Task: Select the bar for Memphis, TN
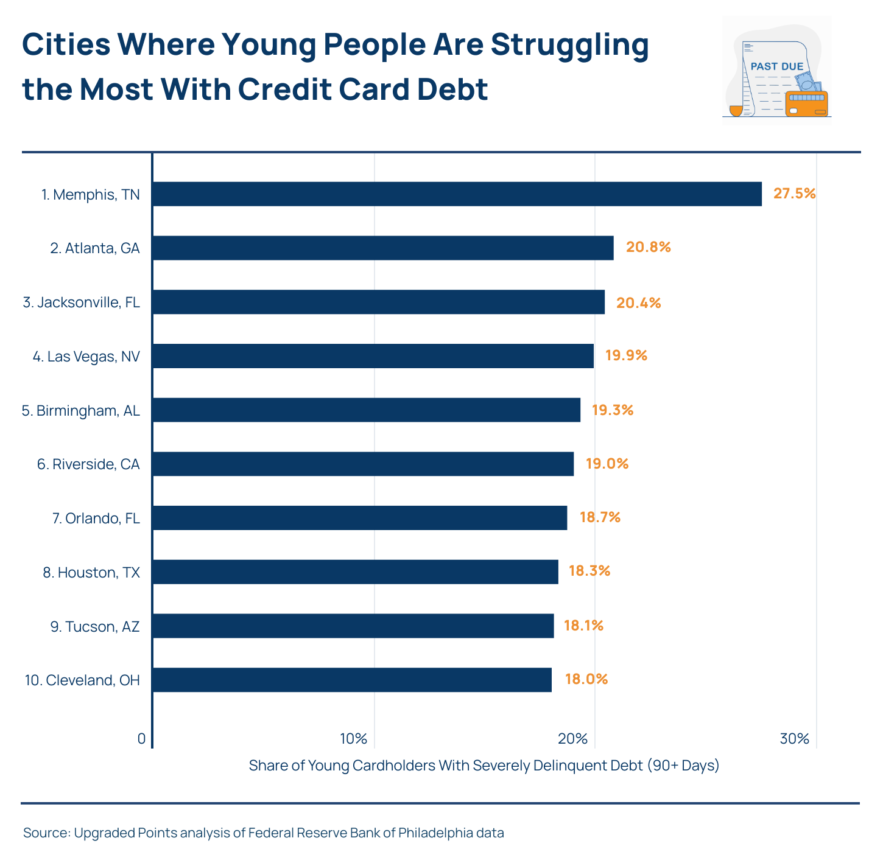pos(457,194)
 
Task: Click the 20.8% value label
pos(648,247)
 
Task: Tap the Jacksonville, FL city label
pos(82,302)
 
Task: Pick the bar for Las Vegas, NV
pos(373,356)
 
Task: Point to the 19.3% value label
pos(612,410)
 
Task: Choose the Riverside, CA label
pos(88,464)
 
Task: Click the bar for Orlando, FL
pos(359,518)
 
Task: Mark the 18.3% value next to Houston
pos(589,571)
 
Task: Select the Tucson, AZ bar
pos(353,626)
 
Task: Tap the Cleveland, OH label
pos(83,680)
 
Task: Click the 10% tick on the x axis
pos(354,739)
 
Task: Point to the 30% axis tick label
pos(795,739)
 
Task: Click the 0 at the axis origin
pos(141,739)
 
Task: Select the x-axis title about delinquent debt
pos(484,765)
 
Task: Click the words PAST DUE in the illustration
pos(776,66)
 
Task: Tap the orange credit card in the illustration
pos(807,104)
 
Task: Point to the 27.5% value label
pos(794,194)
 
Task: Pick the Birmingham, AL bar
pos(366,410)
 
